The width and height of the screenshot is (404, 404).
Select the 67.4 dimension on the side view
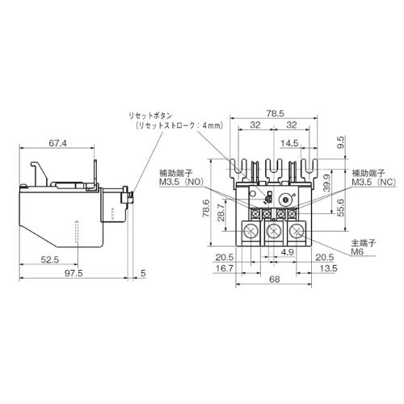point(57,143)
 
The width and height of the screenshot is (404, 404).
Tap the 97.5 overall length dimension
point(74,273)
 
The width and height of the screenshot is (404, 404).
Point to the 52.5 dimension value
point(50,259)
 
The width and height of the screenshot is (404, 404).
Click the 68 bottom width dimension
point(274,280)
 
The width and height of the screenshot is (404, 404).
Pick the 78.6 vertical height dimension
point(206,208)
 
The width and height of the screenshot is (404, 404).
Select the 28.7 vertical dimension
point(221,213)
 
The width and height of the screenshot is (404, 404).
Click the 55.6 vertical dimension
point(340,208)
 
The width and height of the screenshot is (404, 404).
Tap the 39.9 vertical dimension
point(326,183)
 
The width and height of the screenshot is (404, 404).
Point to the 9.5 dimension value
point(341,143)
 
